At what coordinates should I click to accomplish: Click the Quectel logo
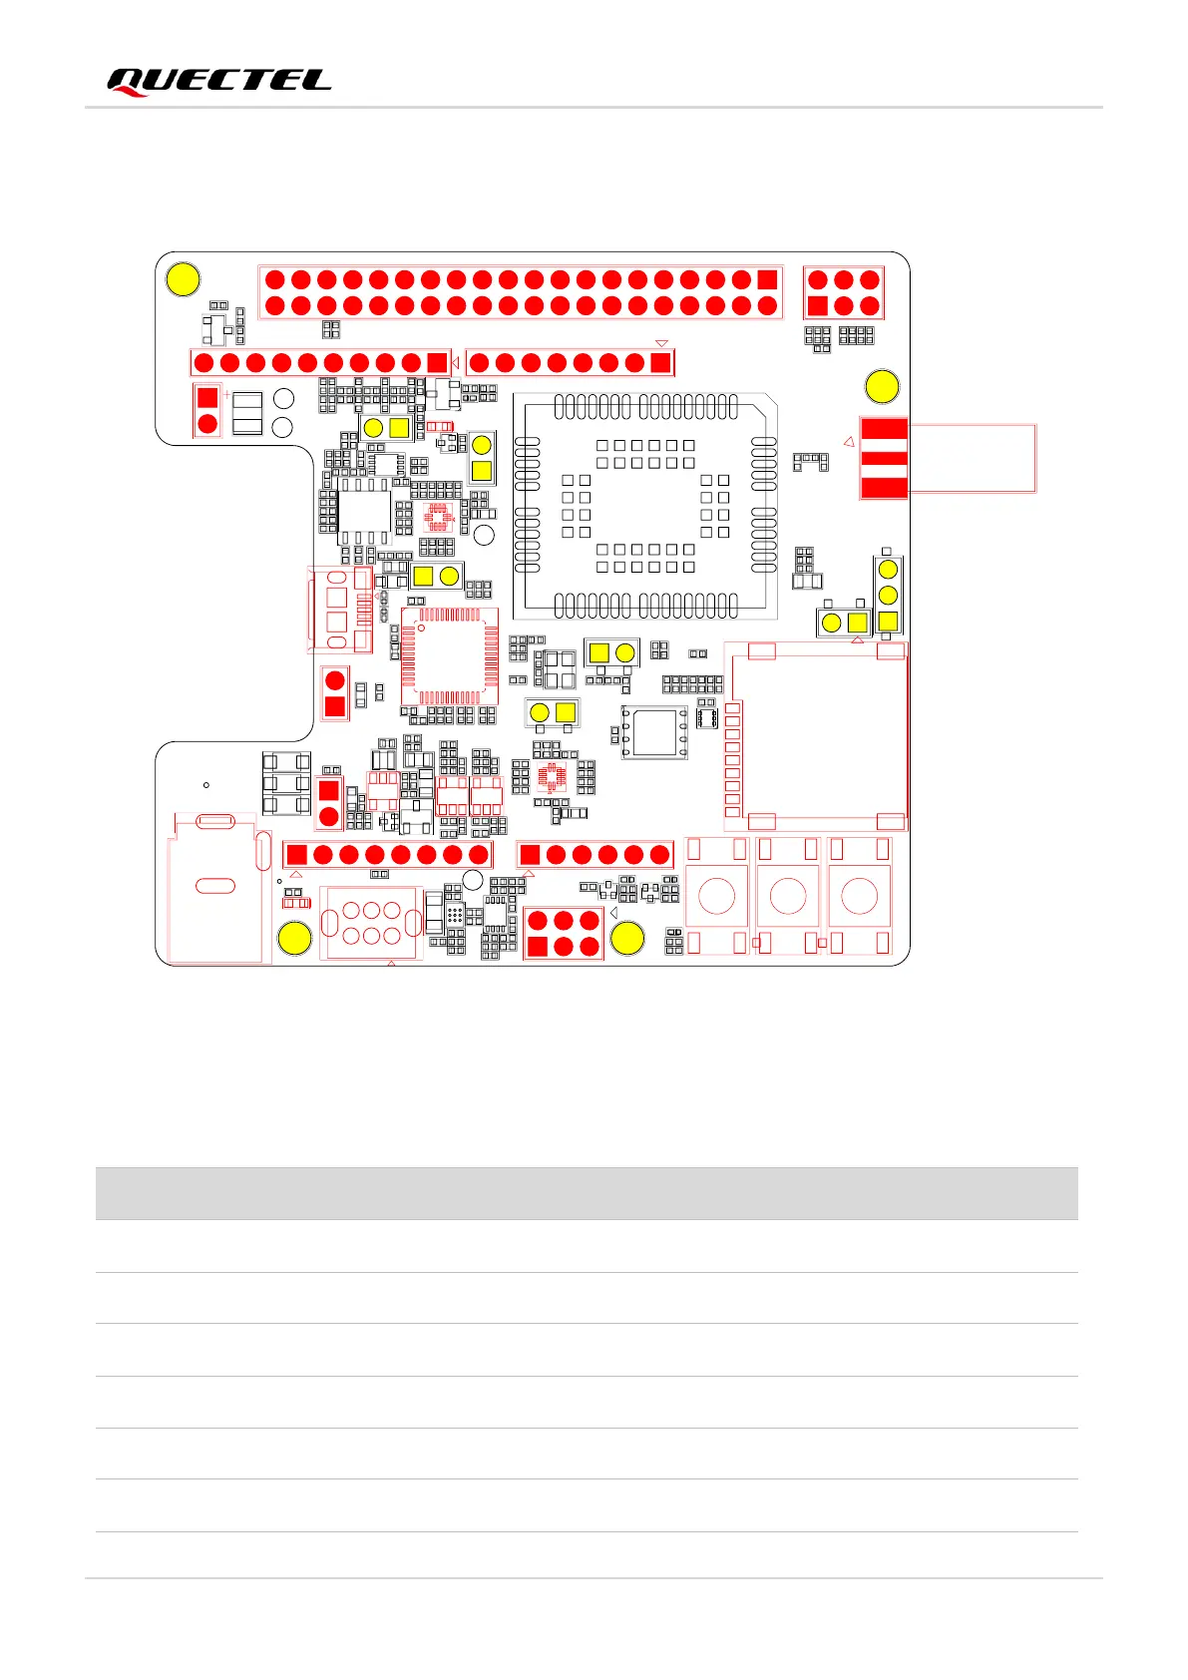(218, 82)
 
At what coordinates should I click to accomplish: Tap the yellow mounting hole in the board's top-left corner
(184, 279)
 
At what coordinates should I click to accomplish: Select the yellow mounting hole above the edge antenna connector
(882, 386)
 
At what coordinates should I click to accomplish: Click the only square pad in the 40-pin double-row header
(767, 279)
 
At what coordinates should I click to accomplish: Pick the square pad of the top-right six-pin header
(818, 305)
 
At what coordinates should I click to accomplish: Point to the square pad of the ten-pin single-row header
(437, 362)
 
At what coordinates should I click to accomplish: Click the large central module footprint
(644, 506)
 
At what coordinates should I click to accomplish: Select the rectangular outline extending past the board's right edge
(973, 458)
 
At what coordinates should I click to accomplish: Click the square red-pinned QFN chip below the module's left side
(449, 655)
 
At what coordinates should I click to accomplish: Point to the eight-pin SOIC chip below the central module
(654, 733)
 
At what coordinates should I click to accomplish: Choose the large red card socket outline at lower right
(817, 736)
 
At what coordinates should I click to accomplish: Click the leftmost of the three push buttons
(717, 896)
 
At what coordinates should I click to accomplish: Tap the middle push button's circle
(788, 896)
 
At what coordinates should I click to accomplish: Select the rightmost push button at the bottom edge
(860, 896)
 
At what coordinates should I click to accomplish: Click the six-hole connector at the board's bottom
(371, 923)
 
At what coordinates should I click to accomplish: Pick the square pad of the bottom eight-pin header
(296, 854)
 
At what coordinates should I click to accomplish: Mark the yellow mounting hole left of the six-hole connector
(294, 938)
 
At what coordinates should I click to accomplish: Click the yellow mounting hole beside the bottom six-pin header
(627, 938)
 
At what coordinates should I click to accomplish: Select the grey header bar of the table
(587, 1193)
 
